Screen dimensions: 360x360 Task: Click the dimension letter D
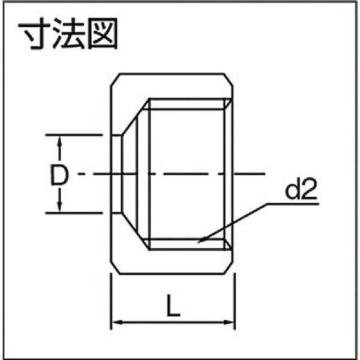pyautogui.click(x=59, y=175)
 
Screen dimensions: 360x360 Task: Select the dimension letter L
pyautogui.click(x=173, y=305)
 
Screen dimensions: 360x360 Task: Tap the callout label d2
pyautogui.click(x=301, y=189)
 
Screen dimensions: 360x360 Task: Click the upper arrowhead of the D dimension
pyautogui.click(x=60, y=140)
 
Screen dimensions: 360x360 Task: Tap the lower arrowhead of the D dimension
pyautogui.click(x=59, y=206)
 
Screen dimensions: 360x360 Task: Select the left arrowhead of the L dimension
pyautogui.click(x=116, y=322)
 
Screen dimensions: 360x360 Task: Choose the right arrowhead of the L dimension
pyautogui.click(x=229, y=322)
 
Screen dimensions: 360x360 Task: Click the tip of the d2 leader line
pyautogui.click(x=199, y=242)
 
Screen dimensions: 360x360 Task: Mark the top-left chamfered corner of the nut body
pyautogui.click(x=115, y=80)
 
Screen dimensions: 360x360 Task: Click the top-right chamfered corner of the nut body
pyautogui.click(x=228, y=80)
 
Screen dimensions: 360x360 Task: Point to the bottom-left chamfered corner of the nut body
pyautogui.click(x=115, y=267)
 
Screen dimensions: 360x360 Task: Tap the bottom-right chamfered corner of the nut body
pyautogui.click(x=228, y=267)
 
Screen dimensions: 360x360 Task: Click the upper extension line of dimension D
pyautogui.click(x=74, y=135)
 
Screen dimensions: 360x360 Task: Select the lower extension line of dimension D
pyautogui.click(x=74, y=213)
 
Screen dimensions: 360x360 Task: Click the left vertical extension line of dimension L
pyautogui.click(x=111, y=301)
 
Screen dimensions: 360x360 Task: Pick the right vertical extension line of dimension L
pyautogui.click(x=235, y=301)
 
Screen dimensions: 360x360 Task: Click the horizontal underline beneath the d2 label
pyautogui.click(x=293, y=203)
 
